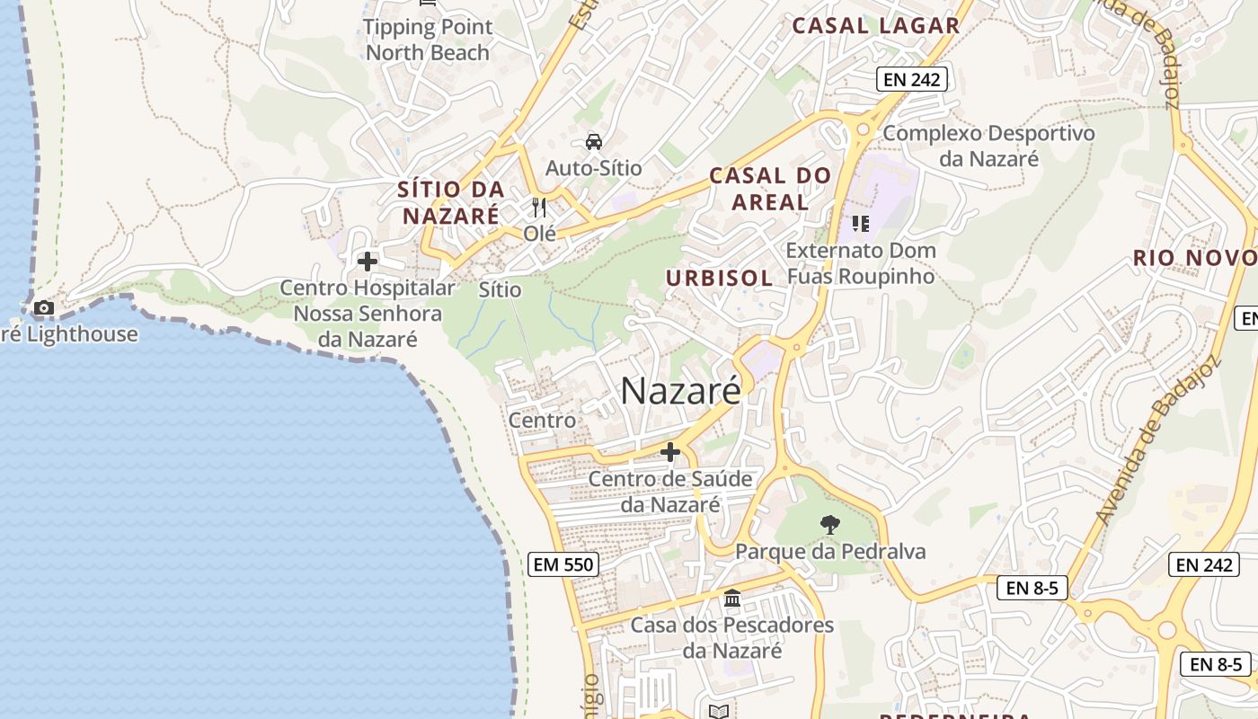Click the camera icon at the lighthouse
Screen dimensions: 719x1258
(43, 308)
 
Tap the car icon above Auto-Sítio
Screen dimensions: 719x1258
(593, 141)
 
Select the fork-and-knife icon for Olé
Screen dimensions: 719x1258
(539, 208)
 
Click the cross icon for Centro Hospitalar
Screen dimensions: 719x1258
(368, 262)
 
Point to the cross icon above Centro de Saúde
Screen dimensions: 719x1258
(669, 451)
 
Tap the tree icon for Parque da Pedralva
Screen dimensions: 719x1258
(830, 524)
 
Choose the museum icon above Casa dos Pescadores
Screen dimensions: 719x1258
(732, 598)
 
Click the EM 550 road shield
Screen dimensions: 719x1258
(563, 564)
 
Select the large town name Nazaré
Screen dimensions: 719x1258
(681, 391)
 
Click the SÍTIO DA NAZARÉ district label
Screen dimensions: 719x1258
(451, 202)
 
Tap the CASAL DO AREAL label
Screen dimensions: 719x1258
(770, 189)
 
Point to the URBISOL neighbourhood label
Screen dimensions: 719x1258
(719, 278)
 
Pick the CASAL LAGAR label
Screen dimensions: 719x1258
(875, 26)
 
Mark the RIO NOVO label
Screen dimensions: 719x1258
(1193, 258)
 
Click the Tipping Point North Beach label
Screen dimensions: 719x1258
(428, 40)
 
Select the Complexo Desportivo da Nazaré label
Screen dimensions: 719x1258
(988, 146)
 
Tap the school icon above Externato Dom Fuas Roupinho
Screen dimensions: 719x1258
(861, 223)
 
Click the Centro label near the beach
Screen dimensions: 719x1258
(542, 420)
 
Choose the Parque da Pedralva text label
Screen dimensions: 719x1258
(830, 551)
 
